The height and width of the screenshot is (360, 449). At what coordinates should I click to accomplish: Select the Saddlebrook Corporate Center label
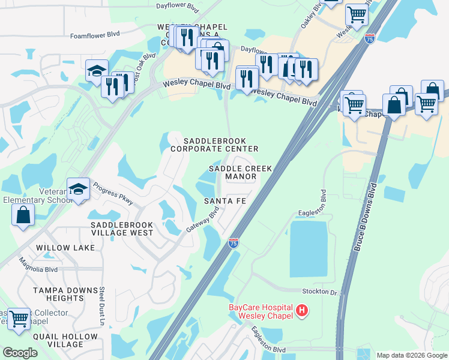tap(214, 144)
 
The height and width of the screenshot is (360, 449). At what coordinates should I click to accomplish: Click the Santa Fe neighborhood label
tap(224, 200)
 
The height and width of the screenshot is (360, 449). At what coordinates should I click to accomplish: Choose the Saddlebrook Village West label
tap(122, 229)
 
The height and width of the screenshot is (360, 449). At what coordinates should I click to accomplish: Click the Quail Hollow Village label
tap(58, 340)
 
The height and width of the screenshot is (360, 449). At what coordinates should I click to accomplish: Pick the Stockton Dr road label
tap(321, 291)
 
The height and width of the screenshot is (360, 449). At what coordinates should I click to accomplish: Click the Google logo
tap(20, 353)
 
